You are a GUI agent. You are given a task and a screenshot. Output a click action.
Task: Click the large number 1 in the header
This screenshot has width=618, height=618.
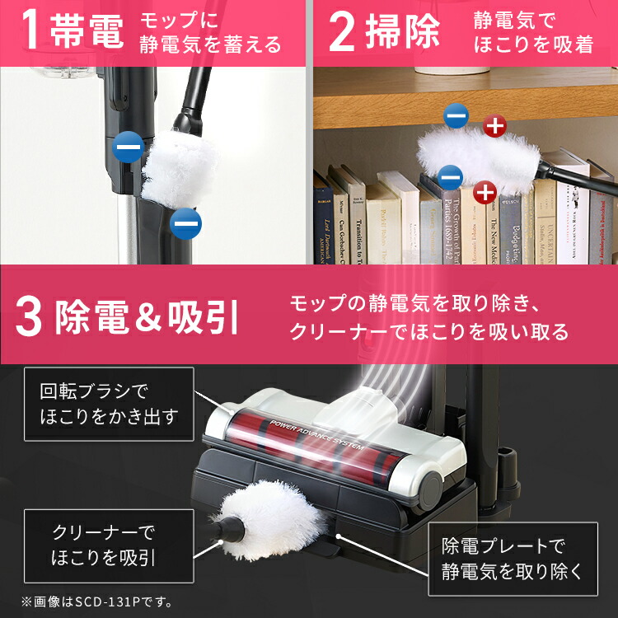[30, 31]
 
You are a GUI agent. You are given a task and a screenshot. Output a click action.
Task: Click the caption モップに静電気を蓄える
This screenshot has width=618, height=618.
[211, 32]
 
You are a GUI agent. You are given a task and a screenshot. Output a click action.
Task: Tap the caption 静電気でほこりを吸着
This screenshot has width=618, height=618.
[533, 32]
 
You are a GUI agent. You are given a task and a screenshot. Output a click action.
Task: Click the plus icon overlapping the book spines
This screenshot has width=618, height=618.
[485, 193]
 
